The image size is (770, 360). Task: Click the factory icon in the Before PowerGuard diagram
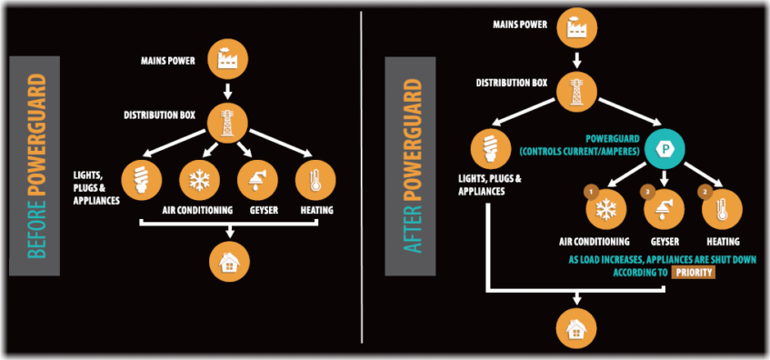click(227, 59)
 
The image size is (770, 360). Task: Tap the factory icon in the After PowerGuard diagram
click(576, 26)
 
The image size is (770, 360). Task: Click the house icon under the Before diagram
click(227, 261)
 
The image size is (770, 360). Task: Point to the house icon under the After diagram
click(576, 329)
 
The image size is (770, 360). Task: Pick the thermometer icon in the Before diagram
click(314, 180)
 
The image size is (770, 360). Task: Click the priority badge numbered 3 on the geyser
click(648, 193)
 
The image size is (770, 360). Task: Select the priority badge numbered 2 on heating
click(705, 193)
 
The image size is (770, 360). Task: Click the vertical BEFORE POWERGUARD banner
click(35, 166)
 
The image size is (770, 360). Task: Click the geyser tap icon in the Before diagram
click(255, 180)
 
